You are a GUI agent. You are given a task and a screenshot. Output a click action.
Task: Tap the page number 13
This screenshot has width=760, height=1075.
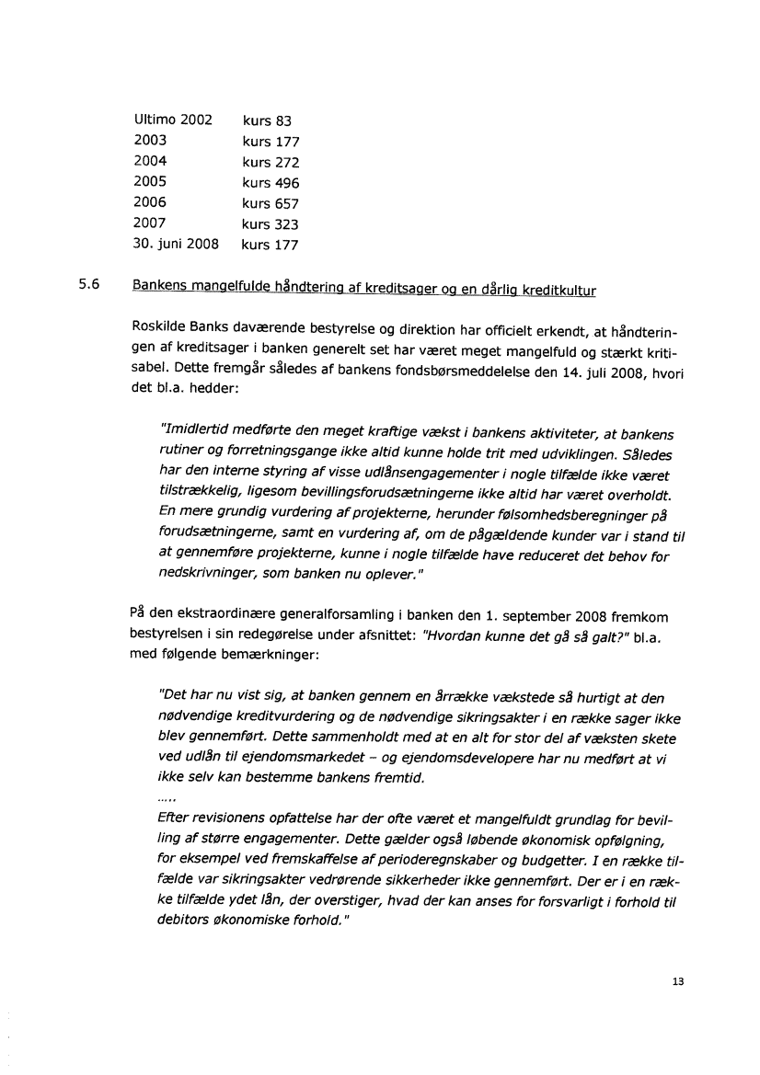(x=678, y=982)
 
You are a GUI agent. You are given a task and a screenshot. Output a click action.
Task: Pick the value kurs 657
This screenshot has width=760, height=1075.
(x=271, y=203)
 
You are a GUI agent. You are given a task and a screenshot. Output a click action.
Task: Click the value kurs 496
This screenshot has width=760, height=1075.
(x=271, y=183)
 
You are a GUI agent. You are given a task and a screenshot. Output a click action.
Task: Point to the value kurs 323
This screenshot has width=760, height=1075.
(x=271, y=224)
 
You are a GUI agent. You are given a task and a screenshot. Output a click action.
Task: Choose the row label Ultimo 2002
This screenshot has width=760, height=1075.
(x=173, y=120)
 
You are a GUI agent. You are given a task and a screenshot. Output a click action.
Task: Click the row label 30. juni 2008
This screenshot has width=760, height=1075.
(x=176, y=245)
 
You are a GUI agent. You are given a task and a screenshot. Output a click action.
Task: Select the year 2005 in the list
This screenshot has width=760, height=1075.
(x=150, y=182)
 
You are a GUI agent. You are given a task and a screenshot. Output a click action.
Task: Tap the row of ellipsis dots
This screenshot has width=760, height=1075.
(x=167, y=796)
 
